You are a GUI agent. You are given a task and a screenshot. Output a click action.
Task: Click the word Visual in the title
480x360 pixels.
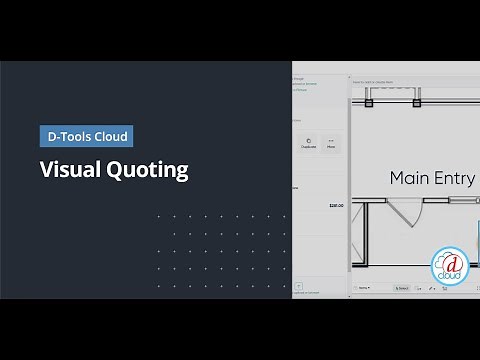tap(65, 169)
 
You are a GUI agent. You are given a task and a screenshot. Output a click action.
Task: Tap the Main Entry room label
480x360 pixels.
tap(430, 178)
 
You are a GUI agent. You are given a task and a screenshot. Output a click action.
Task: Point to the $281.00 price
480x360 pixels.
tap(336, 205)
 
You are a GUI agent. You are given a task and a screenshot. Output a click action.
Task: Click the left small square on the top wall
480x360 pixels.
tap(369, 102)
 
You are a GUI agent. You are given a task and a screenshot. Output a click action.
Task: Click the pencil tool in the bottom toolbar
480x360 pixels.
tap(430, 288)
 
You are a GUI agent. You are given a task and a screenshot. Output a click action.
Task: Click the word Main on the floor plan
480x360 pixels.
tap(408, 178)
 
